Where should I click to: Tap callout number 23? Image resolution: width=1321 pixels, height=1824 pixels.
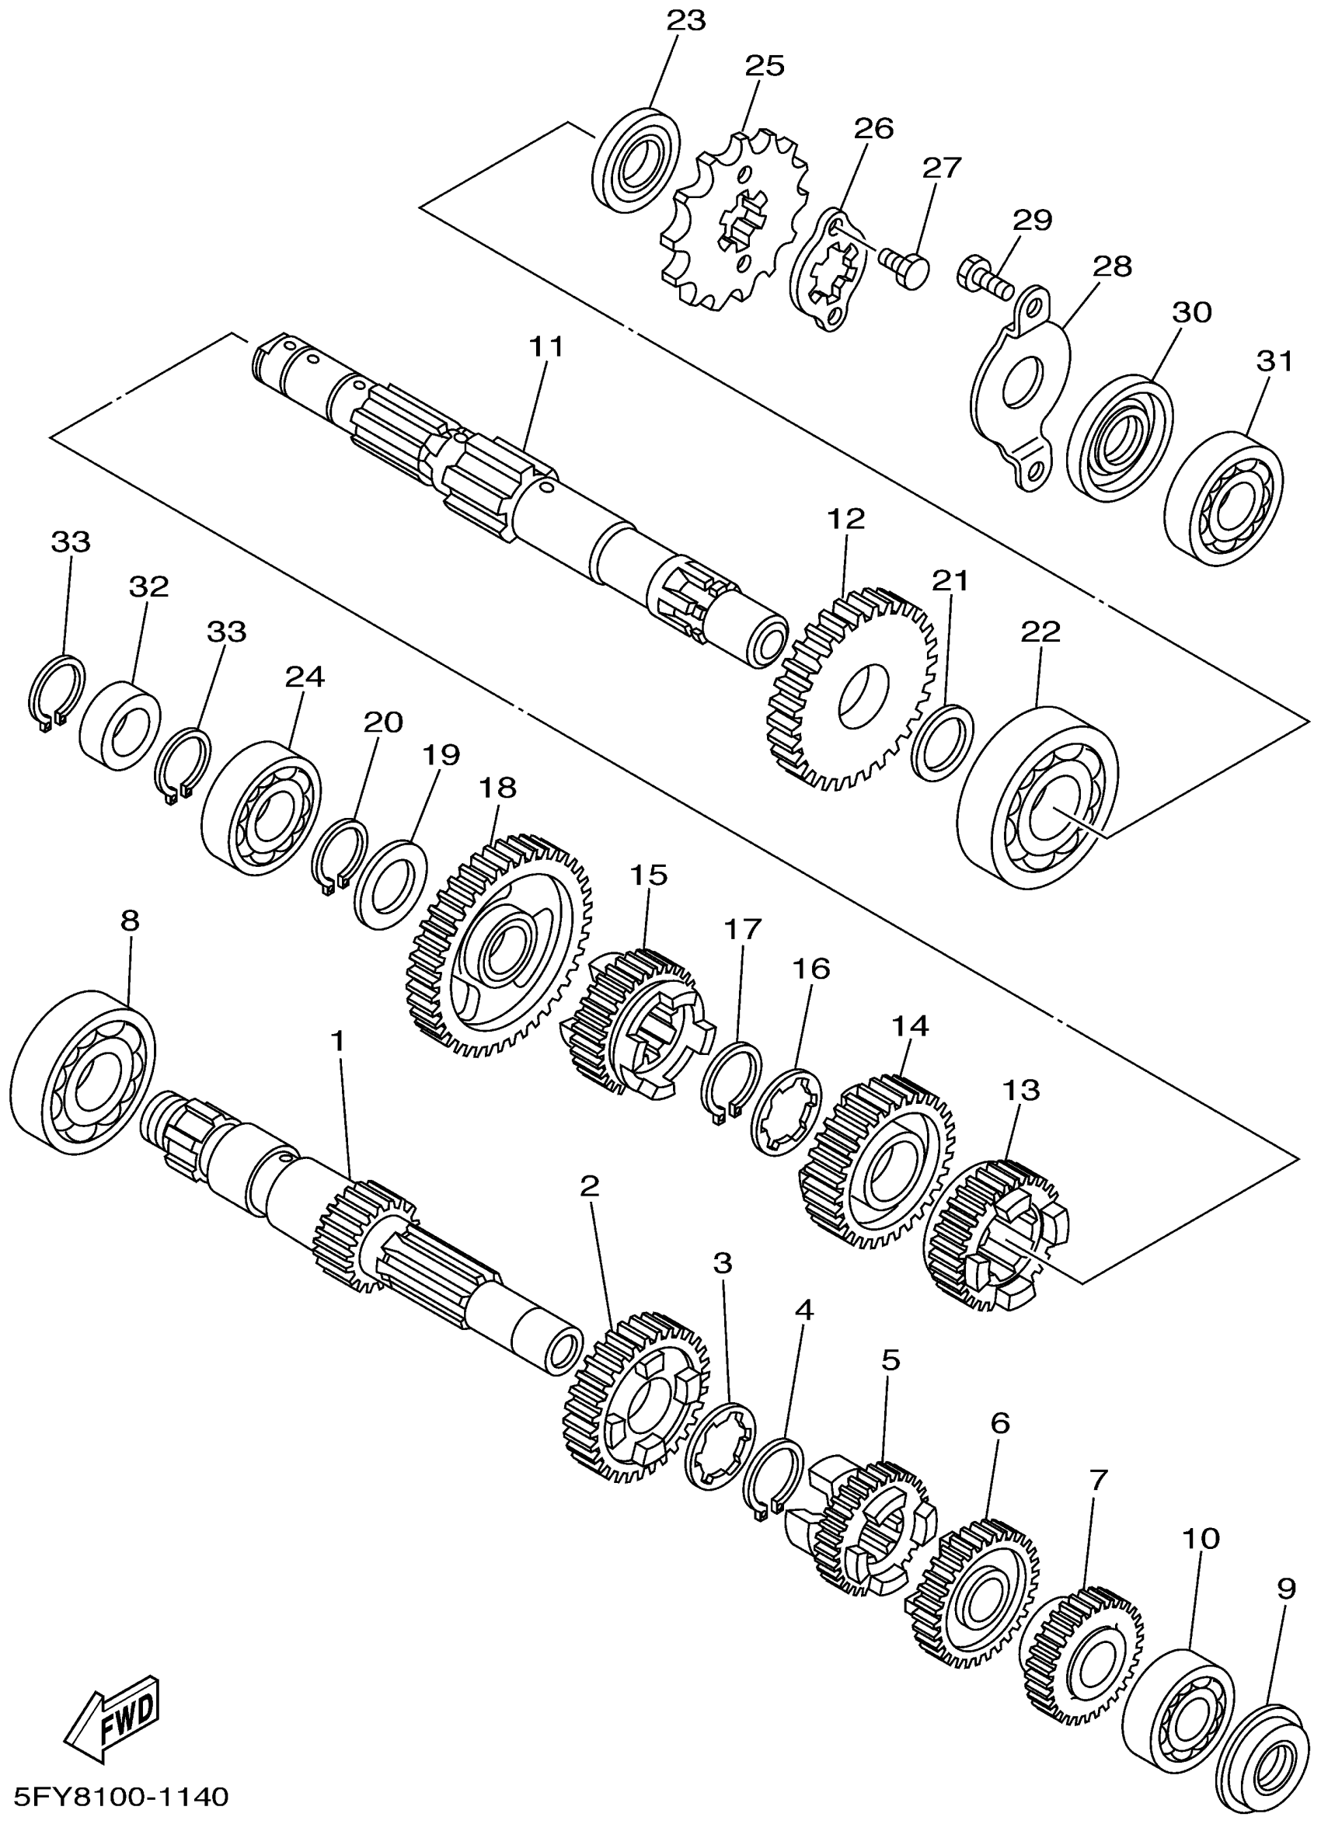click(686, 20)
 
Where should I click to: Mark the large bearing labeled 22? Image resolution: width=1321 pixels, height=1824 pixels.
click(1038, 796)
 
